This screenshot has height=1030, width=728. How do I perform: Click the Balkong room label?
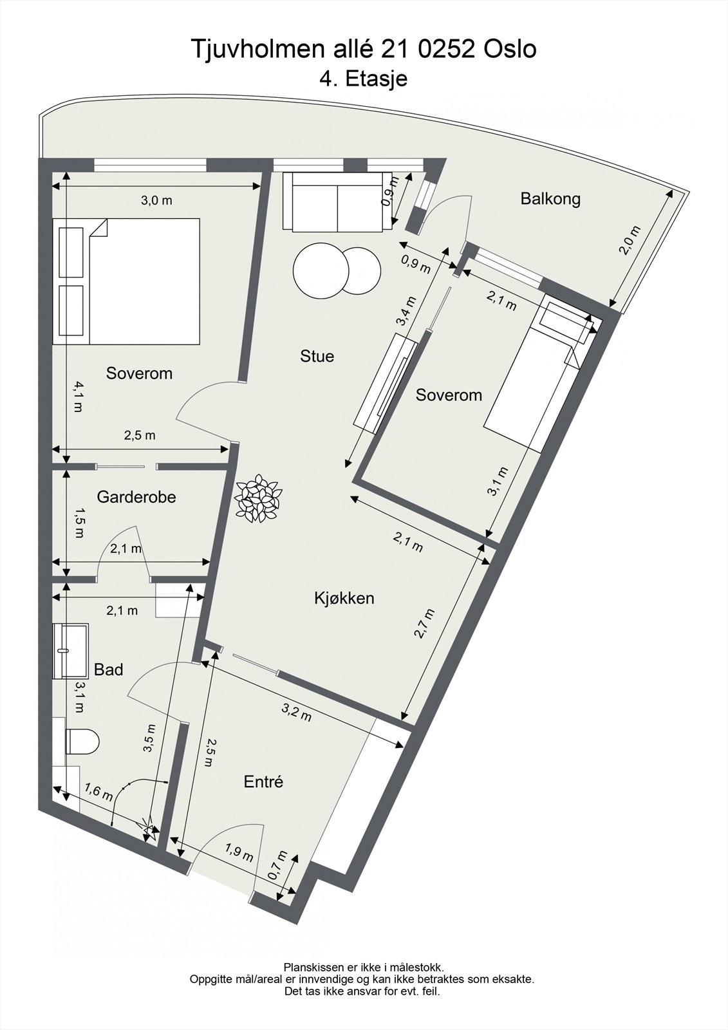(x=550, y=198)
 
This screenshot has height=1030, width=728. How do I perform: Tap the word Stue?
(x=317, y=356)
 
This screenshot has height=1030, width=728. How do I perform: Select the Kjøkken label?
(x=344, y=598)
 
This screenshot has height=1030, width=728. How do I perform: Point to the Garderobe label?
(x=136, y=497)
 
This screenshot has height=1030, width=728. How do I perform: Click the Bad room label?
(x=108, y=669)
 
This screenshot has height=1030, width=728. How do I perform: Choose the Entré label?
(x=263, y=782)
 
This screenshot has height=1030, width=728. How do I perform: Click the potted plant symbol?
(x=258, y=497)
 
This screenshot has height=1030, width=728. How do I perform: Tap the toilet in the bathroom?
(x=82, y=742)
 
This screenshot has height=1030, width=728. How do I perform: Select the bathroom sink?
(x=70, y=651)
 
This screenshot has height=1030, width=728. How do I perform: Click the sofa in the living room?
(x=337, y=201)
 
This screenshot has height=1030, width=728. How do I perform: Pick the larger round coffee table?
(x=319, y=270)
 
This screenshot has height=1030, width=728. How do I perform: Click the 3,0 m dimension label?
(x=156, y=200)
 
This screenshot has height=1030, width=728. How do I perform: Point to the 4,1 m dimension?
(x=78, y=397)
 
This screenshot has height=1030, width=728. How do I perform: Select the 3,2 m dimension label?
(x=297, y=712)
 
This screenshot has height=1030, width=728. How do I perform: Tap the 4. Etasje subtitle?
(x=364, y=79)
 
